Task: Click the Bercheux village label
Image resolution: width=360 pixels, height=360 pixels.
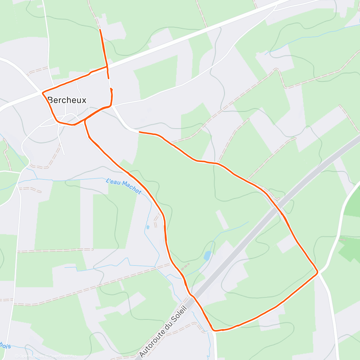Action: [x=67, y=100]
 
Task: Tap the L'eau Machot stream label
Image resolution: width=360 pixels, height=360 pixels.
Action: [x=123, y=186]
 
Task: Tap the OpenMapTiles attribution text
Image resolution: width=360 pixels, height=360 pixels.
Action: [x=31, y=356]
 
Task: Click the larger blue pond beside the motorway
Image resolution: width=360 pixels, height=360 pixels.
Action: [x=207, y=256]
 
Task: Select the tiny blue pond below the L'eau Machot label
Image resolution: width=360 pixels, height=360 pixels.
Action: [x=148, y=227]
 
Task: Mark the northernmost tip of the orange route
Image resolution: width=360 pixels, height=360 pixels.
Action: [x=100, y=30]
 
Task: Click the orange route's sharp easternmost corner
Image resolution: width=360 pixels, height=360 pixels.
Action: [x=317, y=272]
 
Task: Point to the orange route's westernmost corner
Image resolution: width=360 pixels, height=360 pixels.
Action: [x=43, y=92]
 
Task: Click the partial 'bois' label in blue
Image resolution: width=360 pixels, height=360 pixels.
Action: [x=5, y=346]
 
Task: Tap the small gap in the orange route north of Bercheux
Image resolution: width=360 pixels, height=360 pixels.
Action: [x=109, y=83]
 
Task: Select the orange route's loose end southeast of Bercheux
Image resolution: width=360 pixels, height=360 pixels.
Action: [x=139, y=132]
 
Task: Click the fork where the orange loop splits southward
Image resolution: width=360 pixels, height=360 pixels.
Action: [x=85, y=120]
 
